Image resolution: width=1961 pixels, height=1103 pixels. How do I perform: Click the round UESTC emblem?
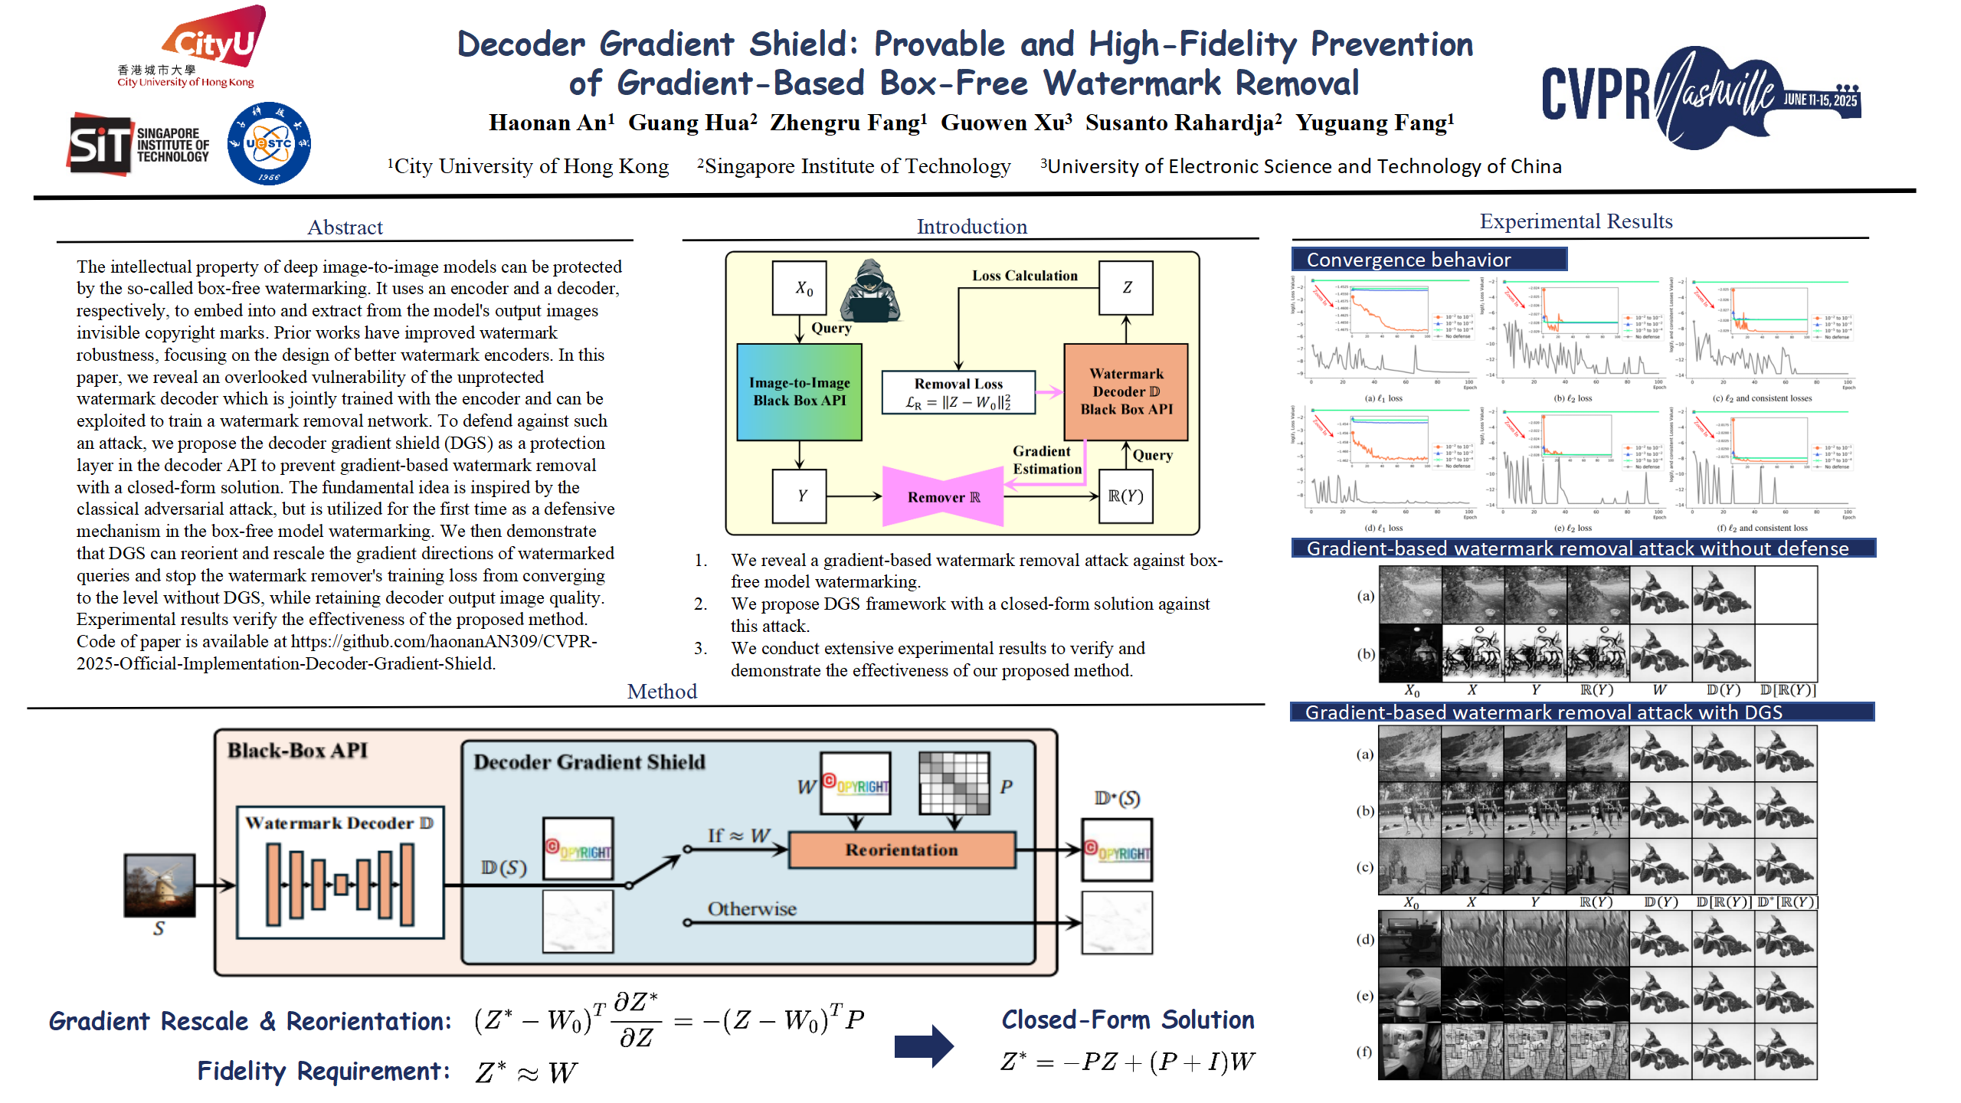tap(269, 144)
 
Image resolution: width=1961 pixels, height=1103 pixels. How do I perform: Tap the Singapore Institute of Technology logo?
tap(138, 144)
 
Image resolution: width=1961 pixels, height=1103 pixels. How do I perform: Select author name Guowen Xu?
tap(1005, 123)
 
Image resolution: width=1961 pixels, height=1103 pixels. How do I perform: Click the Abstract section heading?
tap(345, 227)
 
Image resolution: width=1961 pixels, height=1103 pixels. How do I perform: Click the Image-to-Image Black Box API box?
tap(799, 391)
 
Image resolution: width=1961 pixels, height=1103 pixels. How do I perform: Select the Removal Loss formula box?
tap(958, 393)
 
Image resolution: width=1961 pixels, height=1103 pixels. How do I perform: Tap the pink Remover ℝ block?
tap(943, 497)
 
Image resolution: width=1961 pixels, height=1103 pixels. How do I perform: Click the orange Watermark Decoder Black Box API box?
tap(1125, 391)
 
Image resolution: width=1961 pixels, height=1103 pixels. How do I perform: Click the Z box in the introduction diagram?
tap(1125, 287)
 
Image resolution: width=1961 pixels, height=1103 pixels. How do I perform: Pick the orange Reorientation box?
tap(902, 849)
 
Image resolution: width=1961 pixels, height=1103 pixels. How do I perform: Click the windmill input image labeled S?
tap(159, 885)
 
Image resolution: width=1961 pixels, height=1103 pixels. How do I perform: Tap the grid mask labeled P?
tap(954, 783)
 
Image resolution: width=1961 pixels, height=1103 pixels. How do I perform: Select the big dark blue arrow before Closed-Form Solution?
tap(923, 1046)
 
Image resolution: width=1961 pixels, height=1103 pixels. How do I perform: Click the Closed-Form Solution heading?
tap(1127, 1020)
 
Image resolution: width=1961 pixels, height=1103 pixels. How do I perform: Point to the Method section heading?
tap(662, 692)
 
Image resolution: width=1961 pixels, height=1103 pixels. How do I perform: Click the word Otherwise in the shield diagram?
tap(751, 909)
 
